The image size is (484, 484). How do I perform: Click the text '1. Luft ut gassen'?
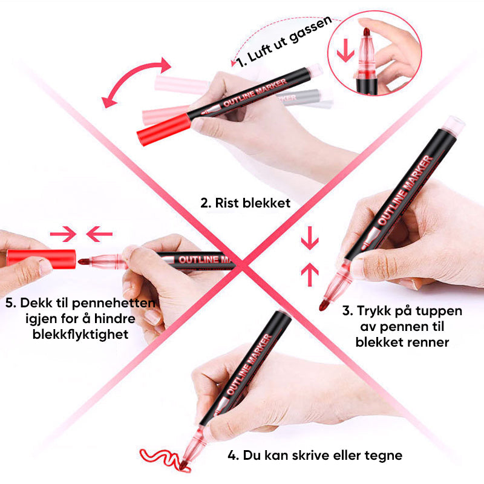tap(283, 41)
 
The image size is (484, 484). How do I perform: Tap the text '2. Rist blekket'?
tap(245, 203)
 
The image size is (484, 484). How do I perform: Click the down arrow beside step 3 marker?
tap(309, 238)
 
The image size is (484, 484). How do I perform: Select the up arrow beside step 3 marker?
tap(309, 275)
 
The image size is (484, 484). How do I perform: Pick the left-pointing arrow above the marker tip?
tap(99, 232)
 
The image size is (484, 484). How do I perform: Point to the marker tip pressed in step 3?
tap(325, 302)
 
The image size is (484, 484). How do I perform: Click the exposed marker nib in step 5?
tap(85, 262)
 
